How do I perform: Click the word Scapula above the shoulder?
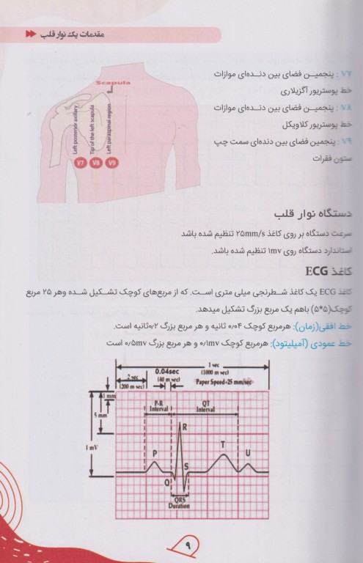(x=111, y=84)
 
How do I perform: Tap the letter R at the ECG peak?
(x=185, y=426)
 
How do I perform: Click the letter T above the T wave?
(x=221, y=444)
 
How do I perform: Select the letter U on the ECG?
(x=249, y=452)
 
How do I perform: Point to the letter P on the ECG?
(x=155, y=454)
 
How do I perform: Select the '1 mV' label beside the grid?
(x=90, y=446)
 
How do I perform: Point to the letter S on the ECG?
(x=186, y=466)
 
